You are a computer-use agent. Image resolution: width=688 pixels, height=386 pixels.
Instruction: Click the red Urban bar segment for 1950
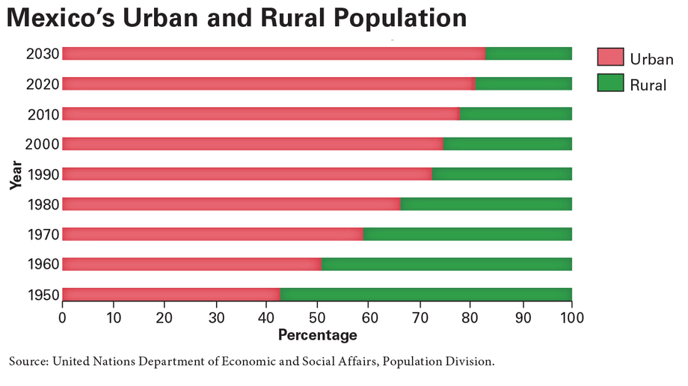pos(171,294)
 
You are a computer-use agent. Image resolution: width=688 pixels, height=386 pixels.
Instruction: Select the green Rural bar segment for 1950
pos(426,294)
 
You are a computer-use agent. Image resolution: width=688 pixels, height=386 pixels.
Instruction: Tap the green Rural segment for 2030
pos(529,53)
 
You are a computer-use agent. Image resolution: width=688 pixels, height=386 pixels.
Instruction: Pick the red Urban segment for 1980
pos(231,203)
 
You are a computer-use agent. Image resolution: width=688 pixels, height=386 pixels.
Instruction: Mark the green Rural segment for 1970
pos(467,233)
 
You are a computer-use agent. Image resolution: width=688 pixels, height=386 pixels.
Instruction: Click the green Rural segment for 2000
pos(508,144)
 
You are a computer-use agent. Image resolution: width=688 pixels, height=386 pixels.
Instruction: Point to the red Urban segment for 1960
pos(191,263)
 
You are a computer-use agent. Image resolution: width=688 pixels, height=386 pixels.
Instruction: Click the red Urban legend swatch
pos(610,58)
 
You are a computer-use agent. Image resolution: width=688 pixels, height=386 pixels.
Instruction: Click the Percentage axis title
pos(317,334)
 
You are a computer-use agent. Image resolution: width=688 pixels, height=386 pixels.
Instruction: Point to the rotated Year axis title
pos(16,174)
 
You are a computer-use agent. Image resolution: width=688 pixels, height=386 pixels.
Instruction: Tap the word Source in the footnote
pos(28,361)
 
